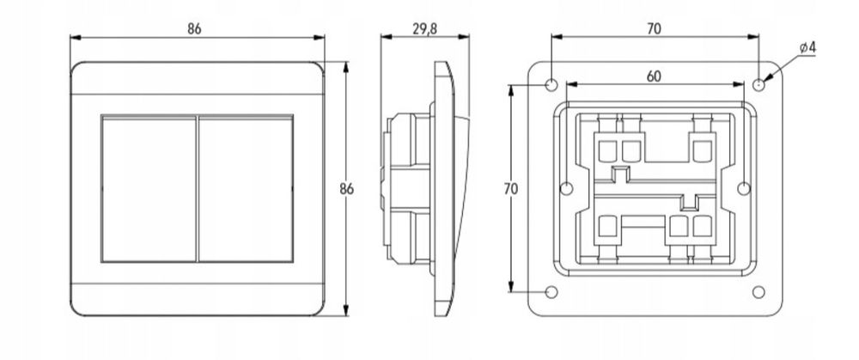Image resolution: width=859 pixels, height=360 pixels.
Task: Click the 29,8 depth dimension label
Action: click(424, 29)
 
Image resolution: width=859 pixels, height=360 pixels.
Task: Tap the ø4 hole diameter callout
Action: click(807, 47)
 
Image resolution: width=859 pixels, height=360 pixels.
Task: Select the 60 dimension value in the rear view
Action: click(654, 76)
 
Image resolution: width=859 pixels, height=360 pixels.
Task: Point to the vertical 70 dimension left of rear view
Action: click(510, 188)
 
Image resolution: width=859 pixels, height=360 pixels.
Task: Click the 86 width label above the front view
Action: click(194, 29)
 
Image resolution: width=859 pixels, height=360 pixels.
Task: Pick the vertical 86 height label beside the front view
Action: click(346, 189)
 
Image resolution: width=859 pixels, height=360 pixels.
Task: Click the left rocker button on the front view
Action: click(149, 188)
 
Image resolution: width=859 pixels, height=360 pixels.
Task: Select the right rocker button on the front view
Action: click(246, 188)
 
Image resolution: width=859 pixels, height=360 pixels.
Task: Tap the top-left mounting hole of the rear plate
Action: click(551, 85)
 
